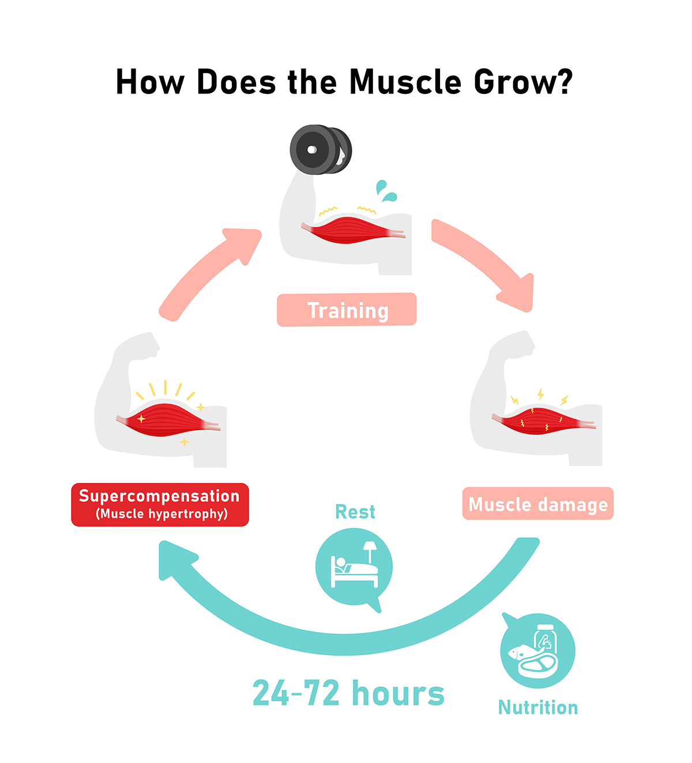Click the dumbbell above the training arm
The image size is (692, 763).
pyautogui.click(x=321, y=149)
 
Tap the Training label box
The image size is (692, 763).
pyautogui.click(x=347, y=310)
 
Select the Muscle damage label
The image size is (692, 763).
pyautogui.click(x=538, y=503)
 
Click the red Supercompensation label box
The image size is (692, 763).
pyautogui.click(x=160, y=505)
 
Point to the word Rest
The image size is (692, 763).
pyautogui.click(x=355, y=512)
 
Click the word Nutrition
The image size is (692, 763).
pyautogui.click(x=538, y=708)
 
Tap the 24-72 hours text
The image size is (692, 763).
pyautogui.click(x=348, y=693)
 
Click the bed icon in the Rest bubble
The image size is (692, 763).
pyautogui.click(x=354, y=565)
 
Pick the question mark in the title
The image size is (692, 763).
pyautogui.click(x=566, y=81)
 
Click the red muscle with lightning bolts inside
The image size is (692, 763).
pyautogui.click(x=543, y=421)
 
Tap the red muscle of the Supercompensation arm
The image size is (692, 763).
pyautogui.click(x=168, y=419)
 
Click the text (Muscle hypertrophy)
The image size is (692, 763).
pyautogui.click(x=161, y=514)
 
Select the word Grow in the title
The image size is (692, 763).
pyautogui.click(x=515, y=82)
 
